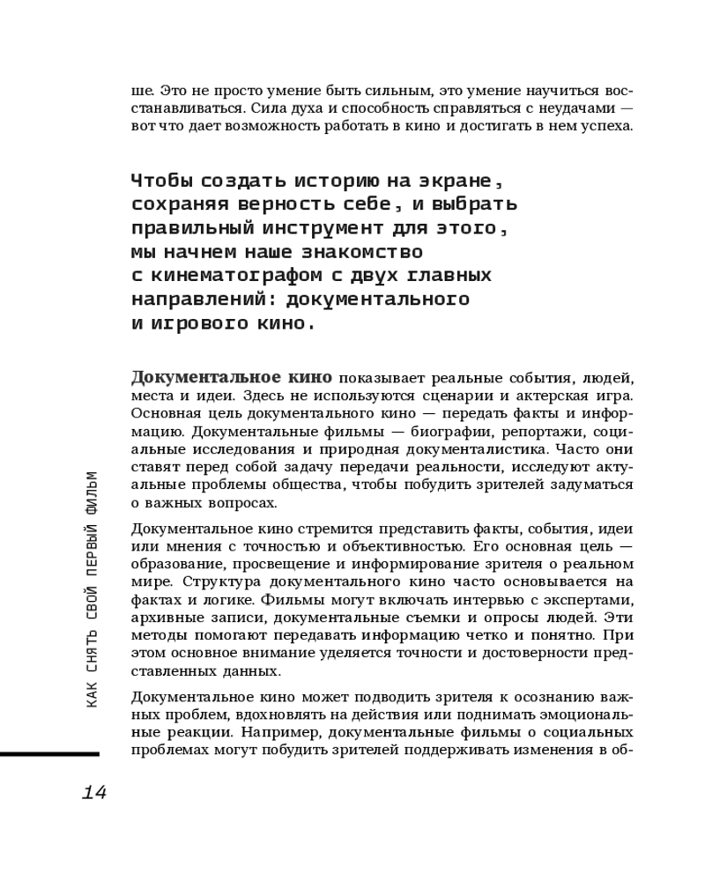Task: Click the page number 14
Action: (x=93, y=792)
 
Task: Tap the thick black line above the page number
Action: (x=49, y=754)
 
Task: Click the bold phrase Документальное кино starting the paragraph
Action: (x=231, y=378)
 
